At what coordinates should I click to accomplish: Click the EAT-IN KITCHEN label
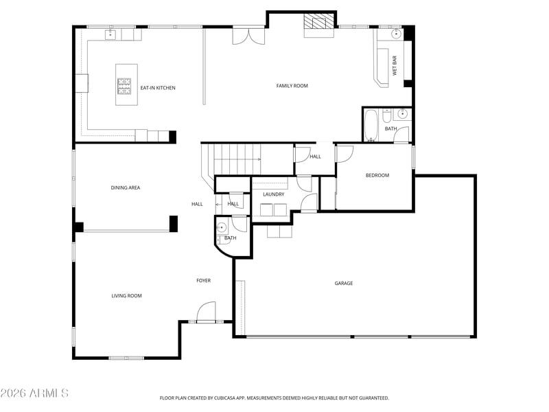158,88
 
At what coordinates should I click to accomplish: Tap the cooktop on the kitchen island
125,85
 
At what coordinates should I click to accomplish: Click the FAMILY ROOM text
292,86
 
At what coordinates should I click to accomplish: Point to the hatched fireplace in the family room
318,22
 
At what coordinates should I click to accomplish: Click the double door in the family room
248,35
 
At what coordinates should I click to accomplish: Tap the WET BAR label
395,67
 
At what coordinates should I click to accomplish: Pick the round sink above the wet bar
397,33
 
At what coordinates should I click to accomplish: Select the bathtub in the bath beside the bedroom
371,125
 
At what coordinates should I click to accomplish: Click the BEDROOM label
377,176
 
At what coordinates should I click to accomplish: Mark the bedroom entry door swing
344,154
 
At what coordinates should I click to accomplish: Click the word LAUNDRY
273,194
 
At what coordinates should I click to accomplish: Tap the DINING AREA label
126,187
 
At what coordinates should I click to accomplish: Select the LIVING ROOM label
126,296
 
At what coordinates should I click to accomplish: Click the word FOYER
204,280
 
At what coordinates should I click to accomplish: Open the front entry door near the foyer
206,313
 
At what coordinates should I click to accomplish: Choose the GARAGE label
344,283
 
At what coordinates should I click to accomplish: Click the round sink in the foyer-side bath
222,228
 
